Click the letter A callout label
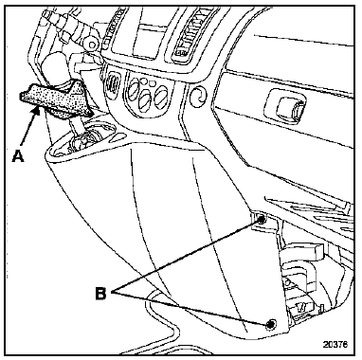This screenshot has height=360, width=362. pyautogui.click(x=18, y=155)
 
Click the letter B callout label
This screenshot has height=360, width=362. pyautogui.click(x=101, y=294)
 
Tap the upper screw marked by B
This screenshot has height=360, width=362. pyautogui.click(x=262, y=220)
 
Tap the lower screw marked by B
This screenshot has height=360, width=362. pyautogui.click(x=270, y=324)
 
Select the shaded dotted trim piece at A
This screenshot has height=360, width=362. pyautogui.click(x=54, y=99)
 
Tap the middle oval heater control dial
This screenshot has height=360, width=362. pyautogui.click(x=146, y=99)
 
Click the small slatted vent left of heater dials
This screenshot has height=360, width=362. pyautogui.click(x=111, y=84)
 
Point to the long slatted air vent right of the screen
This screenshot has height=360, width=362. pyautogui.click(x=188, y=35)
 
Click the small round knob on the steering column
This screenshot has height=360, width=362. pyautogui.click(x=92, y=45)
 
